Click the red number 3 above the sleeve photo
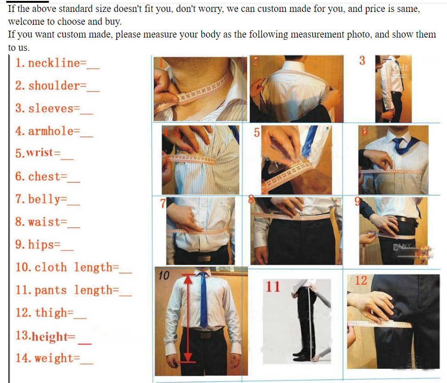click(362, 60)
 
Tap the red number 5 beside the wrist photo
click(257, 132)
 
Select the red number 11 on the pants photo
click(273, 286)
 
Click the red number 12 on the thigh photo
click(361, 280)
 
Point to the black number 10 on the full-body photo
click(164, 275)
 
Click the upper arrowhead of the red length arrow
click(188, 279)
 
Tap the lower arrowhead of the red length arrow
click(188, 357)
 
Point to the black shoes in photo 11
click(302, 355)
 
